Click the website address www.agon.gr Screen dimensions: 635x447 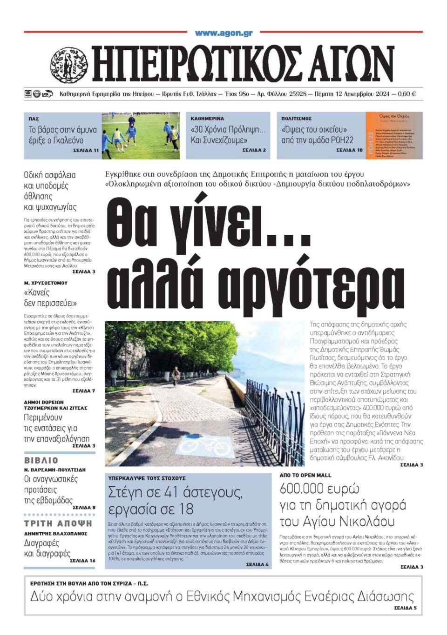tap(223, 33)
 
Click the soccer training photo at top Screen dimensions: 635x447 tap(140, 135)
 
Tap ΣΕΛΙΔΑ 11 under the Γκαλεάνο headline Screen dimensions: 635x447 tap(86, 151)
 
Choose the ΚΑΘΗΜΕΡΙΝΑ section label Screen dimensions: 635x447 tap(207, 119)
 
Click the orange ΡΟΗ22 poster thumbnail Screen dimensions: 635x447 tap(394, 135)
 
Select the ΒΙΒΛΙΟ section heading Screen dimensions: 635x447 tap(41, 460)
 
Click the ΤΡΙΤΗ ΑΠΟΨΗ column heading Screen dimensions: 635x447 tap(58, 523)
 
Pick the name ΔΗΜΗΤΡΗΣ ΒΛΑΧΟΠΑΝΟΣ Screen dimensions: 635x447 tap(55, 534)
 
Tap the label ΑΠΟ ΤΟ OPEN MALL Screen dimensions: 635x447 tap(305, 475)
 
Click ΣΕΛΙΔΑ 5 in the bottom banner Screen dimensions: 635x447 tap(405, 608)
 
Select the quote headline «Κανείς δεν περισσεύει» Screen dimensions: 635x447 tap(50, 298)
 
